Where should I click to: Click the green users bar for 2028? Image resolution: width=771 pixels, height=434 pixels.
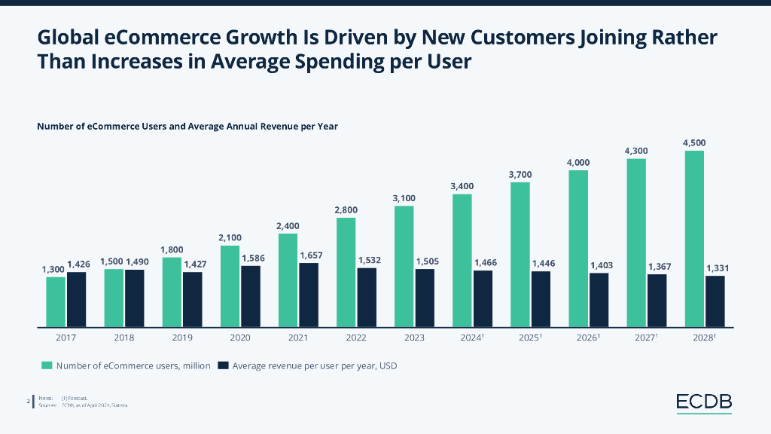pyautogui.click(x=694, y=239)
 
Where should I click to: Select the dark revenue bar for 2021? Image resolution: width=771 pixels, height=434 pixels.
pyautogui.click(x=309, y=295)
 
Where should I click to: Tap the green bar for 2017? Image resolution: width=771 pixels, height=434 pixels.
pyautogui.click(x=56, y=302)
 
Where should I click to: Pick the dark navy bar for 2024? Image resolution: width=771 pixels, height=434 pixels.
pyautogui.click(x=483, y=299)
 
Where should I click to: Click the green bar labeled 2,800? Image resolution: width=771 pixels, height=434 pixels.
pyautogui.click(x=346, y=273)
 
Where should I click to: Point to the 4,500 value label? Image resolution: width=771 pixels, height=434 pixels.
pyautogui.click(x=694, y=142)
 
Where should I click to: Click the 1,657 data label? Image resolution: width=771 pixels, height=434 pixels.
pyautogui.click(x=311, y=256)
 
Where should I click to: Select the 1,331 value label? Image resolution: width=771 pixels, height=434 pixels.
pyautogui.click(x=717, y=268)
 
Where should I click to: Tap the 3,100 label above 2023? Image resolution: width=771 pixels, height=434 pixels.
pyautogui.click(x=404, y=198)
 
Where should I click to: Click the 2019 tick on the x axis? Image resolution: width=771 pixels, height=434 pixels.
pyautogui.click(x=181, y=338)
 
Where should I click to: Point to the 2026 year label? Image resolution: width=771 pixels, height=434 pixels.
pyautogui.click(x=587, y=338)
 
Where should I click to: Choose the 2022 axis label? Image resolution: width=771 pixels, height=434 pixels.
pyautogui.click(x=356, y=338)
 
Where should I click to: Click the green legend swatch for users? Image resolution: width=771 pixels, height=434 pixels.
pyautogui.click(x=47, y=366)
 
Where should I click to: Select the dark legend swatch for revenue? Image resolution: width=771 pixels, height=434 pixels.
pyautogui.click(x=223, y=366)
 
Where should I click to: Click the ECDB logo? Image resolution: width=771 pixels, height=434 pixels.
pyautogui.click(x=704, y=403)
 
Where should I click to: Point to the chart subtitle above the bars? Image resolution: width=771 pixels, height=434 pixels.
pyautogui.click(x=187, y=127)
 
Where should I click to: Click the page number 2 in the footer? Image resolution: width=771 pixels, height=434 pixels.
pyautogui.click(x=29, y=402)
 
